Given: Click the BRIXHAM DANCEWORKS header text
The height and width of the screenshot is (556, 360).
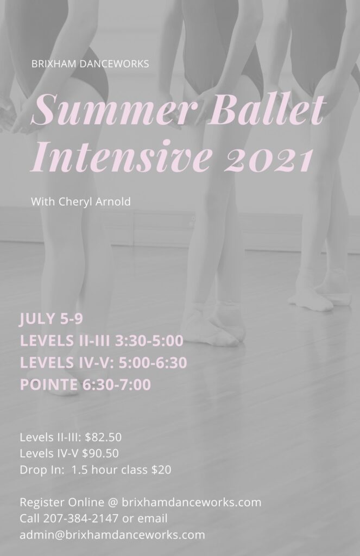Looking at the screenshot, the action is click(90, 64).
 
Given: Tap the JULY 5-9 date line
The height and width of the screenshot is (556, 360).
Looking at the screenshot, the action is click(51, 319).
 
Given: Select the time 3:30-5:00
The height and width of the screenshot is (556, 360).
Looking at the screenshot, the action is click(149, 341).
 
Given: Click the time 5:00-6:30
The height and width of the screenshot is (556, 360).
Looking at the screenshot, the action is click(153, 363).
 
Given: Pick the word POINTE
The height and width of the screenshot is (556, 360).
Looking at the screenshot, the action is click(48, 385).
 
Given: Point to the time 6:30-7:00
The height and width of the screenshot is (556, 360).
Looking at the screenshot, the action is click(117, 385).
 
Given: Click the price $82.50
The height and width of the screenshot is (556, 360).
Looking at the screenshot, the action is click(104, 437).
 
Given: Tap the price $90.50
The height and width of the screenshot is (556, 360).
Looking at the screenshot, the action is click(100, 453).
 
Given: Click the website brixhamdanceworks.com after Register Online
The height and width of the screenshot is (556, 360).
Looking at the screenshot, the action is click(192, 502).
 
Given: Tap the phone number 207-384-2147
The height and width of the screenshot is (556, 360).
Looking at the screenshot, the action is click(81, 519).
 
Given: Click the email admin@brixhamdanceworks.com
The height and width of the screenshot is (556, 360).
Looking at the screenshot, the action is click(112, 535).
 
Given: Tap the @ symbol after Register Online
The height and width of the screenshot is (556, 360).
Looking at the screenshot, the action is click(113, 503).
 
